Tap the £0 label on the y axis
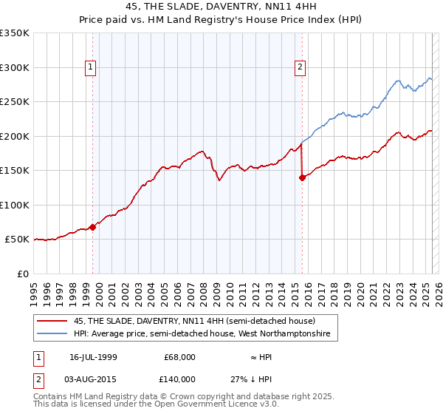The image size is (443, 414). pyautogui.click(x=22, y=274)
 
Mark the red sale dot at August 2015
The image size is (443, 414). pyautogui.click(x=302, y=177)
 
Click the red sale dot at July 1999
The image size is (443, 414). pyautogui.click(x=93, y=227)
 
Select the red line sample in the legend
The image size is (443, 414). pyautogui.click(x=52, y=321)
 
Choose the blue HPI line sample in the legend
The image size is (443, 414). pyautogui.click(x=52, y=334)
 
